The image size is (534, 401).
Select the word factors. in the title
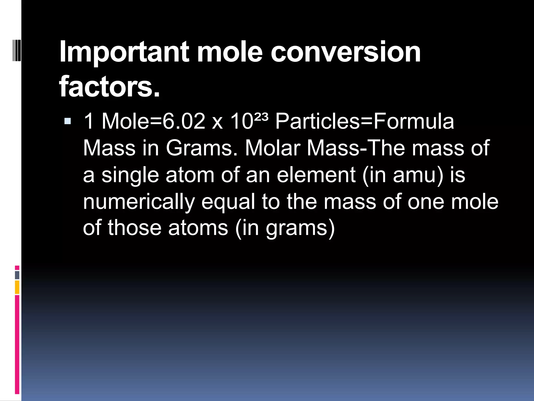(x=110, y=86)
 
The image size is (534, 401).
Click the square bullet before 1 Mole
(x=68, y=121)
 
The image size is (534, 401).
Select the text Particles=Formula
(x=365, y=121)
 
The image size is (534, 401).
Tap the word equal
(x=228, y=202)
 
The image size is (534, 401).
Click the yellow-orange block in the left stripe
(x=17, y=287)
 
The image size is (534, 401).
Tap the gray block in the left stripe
(x=17, y=275)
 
